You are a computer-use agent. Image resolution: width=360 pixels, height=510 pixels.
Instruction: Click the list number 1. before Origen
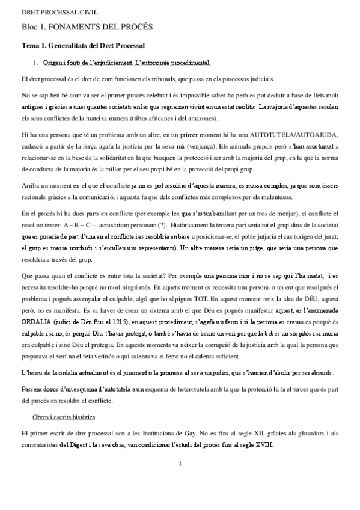tap(37, 63)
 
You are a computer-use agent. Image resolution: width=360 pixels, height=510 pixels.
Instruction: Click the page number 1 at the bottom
tap(180, 464)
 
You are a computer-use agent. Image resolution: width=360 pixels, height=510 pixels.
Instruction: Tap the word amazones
tap(172, 118)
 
